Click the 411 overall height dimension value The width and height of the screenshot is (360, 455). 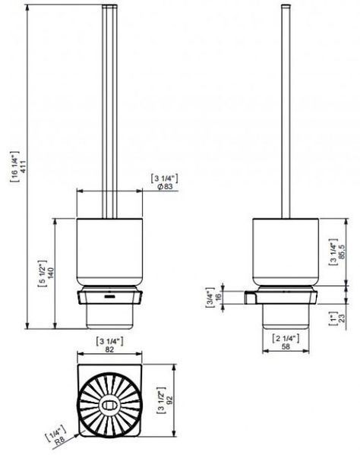click(x=22, y=166)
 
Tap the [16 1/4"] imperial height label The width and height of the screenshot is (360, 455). click(x=14, y=166)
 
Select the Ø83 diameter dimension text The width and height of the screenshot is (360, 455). click(x=165, y=187)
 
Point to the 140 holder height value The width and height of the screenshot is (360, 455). click(x=50, y=273)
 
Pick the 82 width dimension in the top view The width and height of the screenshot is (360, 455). click(x=109, y=349)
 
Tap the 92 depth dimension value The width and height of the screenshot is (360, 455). click(x=169, y=401)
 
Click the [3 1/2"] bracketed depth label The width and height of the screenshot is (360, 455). click(x=161, y=400)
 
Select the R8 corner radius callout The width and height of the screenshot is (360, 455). click(x=60, y=441)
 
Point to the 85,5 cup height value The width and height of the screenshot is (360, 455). click(x=342, y=252)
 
